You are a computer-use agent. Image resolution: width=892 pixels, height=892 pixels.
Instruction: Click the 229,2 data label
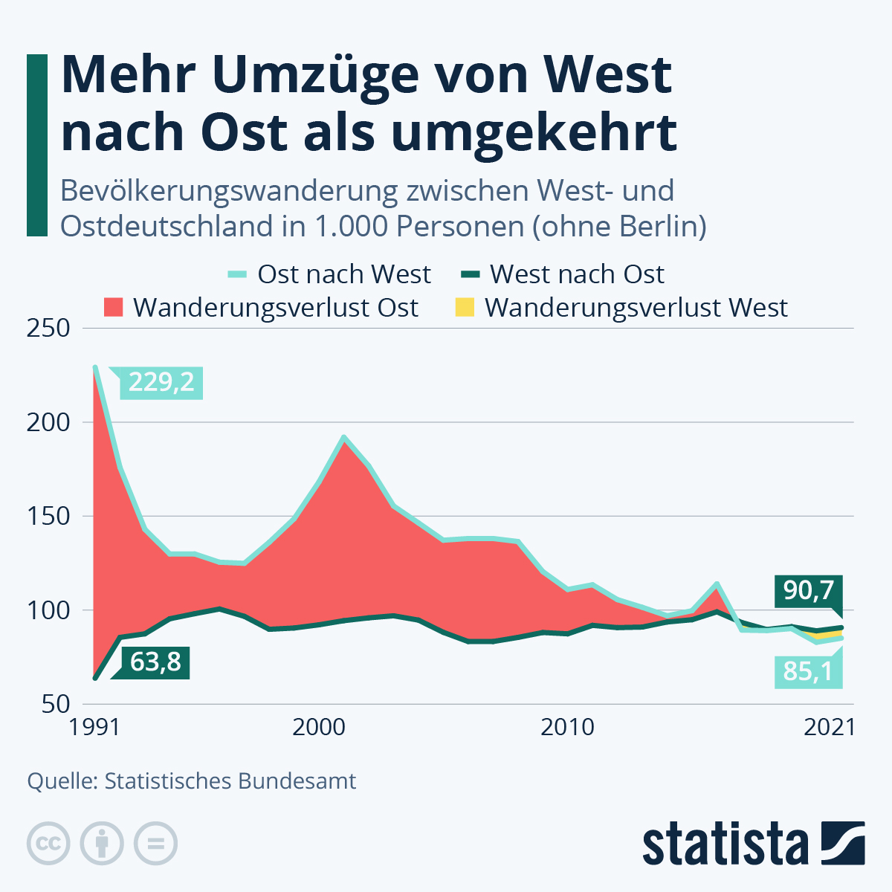coord(161,382)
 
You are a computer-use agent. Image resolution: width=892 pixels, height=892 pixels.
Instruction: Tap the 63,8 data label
coord(155,662)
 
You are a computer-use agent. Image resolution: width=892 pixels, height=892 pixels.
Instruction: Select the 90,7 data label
coord(808,591)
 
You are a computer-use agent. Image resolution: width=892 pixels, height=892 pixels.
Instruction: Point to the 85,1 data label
coord(808,670)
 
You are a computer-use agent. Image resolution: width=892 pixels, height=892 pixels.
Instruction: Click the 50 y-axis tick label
coord(54,703)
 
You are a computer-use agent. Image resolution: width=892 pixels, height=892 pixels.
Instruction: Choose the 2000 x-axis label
coord(319,727)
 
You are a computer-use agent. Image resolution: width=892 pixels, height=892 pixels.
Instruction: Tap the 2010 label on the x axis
coord(568,727)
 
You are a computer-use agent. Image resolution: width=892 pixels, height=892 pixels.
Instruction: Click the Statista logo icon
coord(843,843)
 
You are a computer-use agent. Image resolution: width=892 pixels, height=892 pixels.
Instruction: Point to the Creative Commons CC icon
coord(49,844)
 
